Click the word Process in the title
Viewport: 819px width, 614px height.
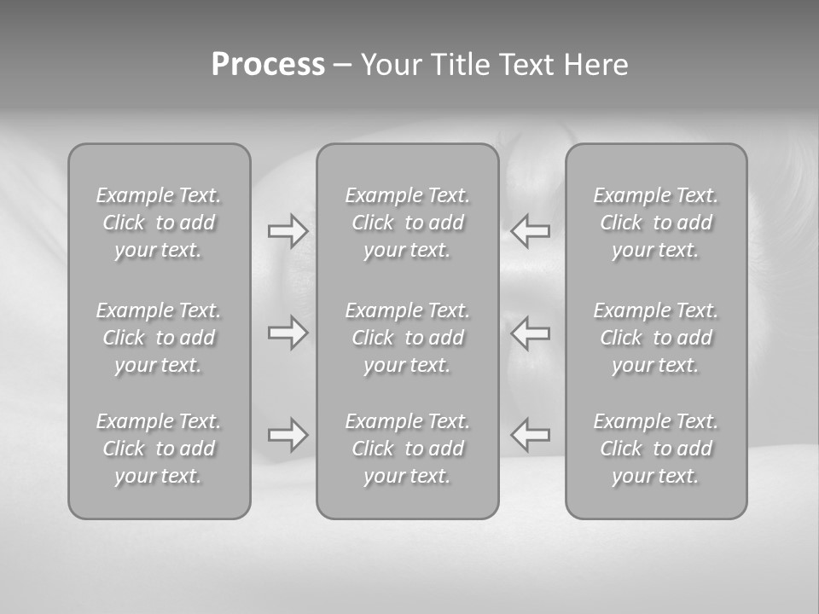[268, 65]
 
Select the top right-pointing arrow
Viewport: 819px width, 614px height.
[288, 231]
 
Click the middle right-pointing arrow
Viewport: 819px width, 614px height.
[288, 333]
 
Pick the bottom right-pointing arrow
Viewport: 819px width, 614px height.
[288, 435]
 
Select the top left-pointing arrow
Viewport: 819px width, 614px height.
[531, 231]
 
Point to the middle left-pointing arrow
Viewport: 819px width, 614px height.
[531, 333]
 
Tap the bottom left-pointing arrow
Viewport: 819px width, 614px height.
[531, 435]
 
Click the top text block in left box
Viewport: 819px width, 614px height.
[159, 223]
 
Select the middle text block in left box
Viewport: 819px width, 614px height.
[159, 338]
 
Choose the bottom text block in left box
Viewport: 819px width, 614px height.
[159, 449]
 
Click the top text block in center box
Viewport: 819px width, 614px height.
[408, 223]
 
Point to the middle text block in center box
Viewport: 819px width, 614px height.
[408, 338]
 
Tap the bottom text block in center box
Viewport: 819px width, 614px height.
[408, 449]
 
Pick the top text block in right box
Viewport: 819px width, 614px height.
[656, 223]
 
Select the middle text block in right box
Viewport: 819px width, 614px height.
[656, 338]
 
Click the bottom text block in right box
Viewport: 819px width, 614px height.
[656, 449]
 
